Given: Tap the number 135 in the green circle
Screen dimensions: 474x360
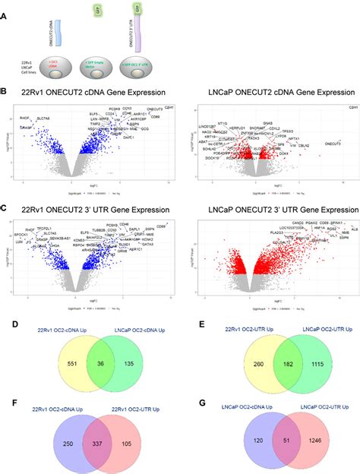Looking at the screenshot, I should click(129, 343).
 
